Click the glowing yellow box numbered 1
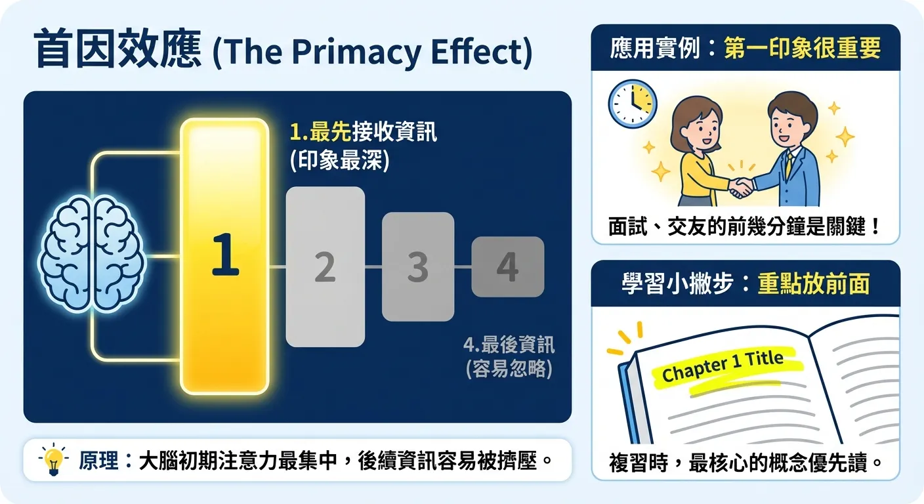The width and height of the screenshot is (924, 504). tap(224, 257)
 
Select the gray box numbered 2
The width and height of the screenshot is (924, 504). tap(325, 267)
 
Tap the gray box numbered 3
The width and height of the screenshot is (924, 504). tap(418, 267)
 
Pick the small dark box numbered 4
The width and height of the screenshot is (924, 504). tap(507, 267)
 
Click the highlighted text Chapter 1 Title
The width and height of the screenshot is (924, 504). tap(723, 366)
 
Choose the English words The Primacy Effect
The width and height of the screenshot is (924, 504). tap(372, 52)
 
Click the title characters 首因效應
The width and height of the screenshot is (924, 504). tap(117, 52)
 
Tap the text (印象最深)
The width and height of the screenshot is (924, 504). tap(339, 161)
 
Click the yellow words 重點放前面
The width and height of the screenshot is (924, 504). tap(813, 284)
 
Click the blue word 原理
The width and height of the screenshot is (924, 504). tap(98, 461)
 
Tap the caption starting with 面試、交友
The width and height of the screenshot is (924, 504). tap(745, 227)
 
